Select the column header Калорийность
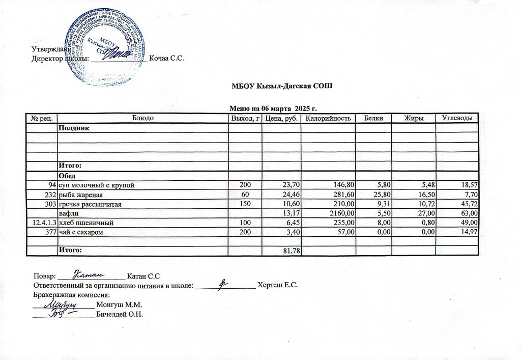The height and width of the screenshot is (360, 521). point(328,118)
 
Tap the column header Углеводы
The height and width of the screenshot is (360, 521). point(457,118)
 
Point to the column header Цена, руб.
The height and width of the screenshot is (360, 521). point(281,118)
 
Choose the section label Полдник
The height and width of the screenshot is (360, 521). point(75,127)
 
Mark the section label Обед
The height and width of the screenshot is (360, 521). point(69,176)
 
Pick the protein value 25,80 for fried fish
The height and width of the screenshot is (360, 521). point(382,195)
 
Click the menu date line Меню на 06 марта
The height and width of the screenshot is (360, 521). point(273,109)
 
